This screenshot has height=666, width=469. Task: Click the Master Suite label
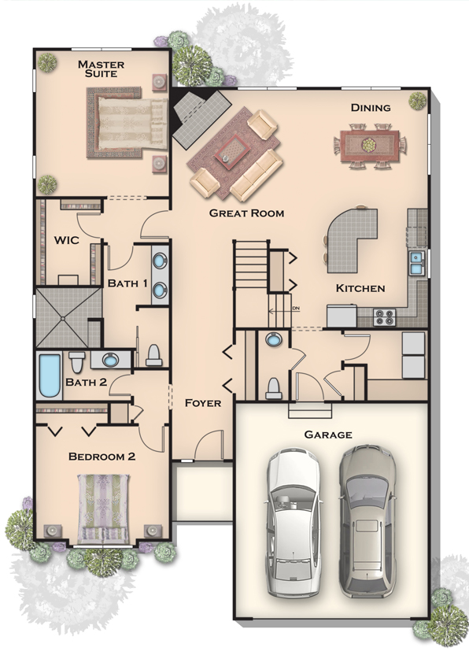click(x=101, y=68)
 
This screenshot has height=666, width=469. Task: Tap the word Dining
click(x=371, y=108)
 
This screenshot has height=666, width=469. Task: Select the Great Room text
click(x=246, y=213)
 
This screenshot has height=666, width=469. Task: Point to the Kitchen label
click(x=360, y=288)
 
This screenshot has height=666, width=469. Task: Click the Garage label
click(x=328, y=435)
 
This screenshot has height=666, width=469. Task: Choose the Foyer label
click(x=203, y=403)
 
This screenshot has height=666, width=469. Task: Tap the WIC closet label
click(x=66, y=240)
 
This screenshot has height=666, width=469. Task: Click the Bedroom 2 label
click(x=102, y=457)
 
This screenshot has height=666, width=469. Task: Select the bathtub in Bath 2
click(x=50, y=375)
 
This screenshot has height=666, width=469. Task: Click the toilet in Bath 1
click(x=153, y=355)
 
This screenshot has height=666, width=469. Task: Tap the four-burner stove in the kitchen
click(x=385, y=317)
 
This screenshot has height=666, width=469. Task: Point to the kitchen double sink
click(x=415, y=263)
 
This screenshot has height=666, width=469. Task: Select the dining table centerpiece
click(x=368, y=146)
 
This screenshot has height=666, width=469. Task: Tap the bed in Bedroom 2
click(x=103, y=509)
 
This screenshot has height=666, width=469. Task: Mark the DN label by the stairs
click(x=295, y=308)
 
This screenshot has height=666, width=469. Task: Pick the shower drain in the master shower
click(x=63, y=318)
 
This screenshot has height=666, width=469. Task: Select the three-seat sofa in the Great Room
click(x=257, y=175)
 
